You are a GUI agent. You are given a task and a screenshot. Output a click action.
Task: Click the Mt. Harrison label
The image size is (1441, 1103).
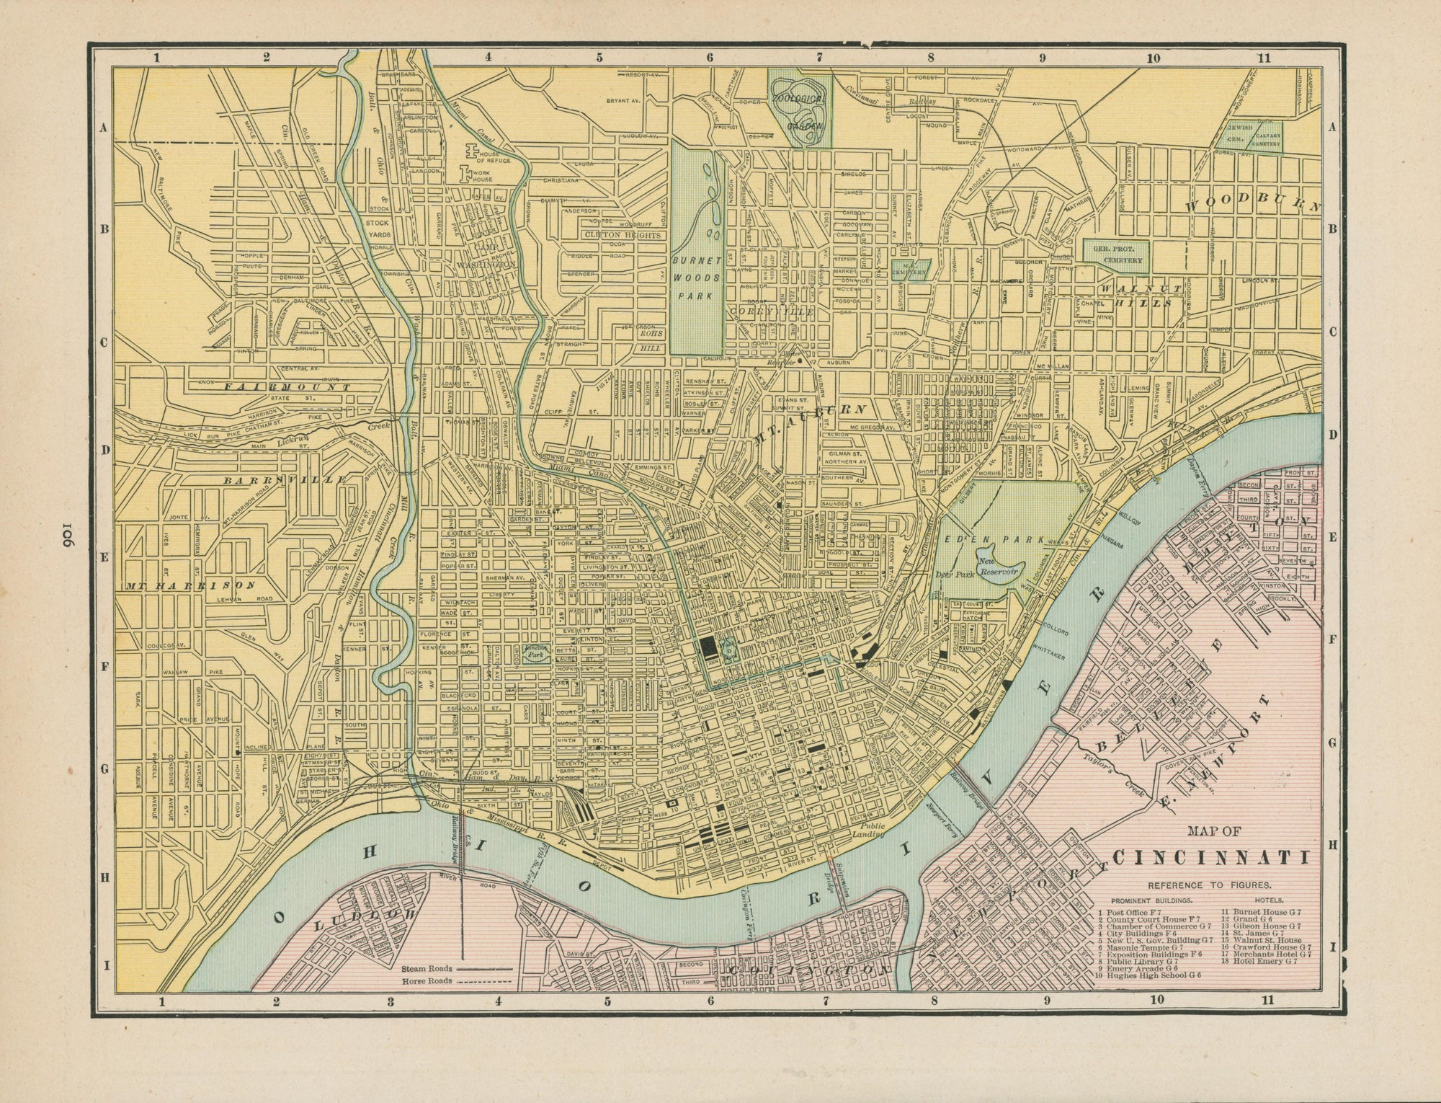pos(190,585)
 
